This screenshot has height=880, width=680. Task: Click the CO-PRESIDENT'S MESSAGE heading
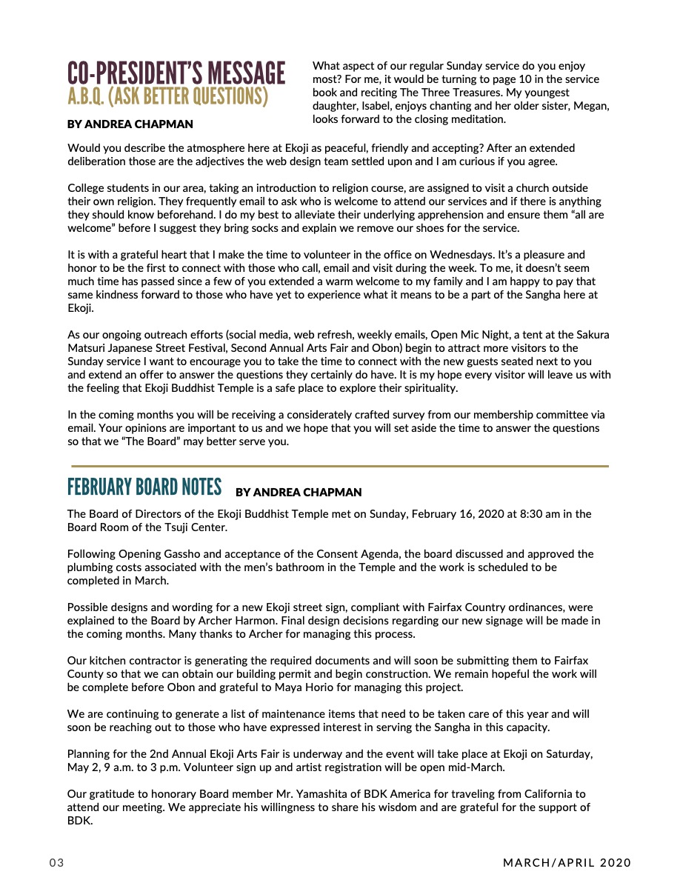pos(176,73)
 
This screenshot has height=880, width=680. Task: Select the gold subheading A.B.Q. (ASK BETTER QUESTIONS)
pos(167,96)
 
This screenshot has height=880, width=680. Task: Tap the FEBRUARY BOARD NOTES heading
pos(144,487)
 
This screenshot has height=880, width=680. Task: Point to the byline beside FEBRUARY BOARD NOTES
pos(299,492)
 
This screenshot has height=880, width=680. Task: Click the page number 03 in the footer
pos(58,863)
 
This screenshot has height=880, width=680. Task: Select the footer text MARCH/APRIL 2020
pos(567,863)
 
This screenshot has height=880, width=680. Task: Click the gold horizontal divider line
pos(340,466)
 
